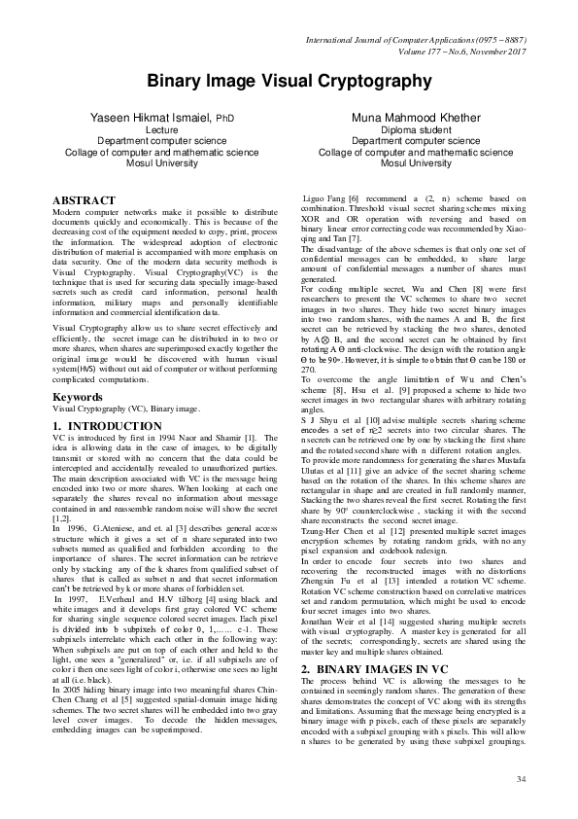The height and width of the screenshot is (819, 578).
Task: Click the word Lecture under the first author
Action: pyautogui.click(x=161, y=129)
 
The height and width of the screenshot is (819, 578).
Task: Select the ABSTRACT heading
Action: pyautogui.click(x=83, y=200)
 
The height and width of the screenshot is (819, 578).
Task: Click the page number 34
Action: pyautogui.click(x=521, y=778)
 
